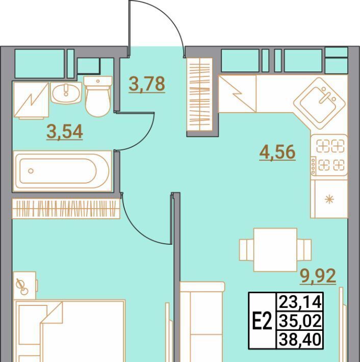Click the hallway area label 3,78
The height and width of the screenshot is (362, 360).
[x=147, y=84]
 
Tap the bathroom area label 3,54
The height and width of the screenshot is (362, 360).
[x=65, y=132]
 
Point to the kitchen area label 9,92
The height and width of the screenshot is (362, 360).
[x=318, y=276]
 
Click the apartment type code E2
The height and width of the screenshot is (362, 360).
[x=262, y=321]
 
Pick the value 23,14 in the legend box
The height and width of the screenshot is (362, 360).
[x=300, y=302]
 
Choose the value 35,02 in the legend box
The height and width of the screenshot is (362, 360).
[x=300, y=321]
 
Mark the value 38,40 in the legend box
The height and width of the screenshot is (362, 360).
[x=300, y=339]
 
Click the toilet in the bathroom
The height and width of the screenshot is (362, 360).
[x=98, y=96]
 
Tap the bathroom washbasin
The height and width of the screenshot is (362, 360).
[x=66, y=93]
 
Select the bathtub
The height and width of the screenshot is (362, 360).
[x=62, y=171]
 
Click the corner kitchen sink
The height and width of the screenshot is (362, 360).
[x=320, y=103]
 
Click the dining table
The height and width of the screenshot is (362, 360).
[x=275, y=250]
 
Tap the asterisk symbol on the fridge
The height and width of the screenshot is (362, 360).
[x=329, y=199]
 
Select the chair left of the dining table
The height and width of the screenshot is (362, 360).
[x=246, y=250]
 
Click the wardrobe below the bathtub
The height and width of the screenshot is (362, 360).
[x=66, y=209]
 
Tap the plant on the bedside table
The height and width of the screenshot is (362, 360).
[x=22, y=288]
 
